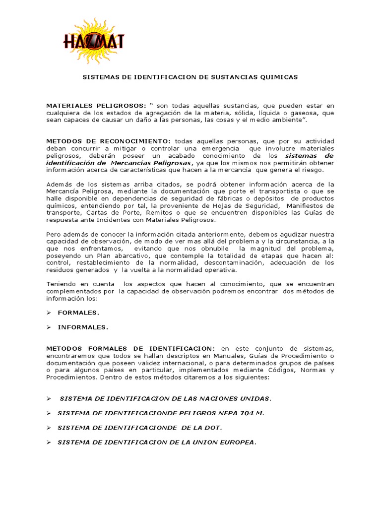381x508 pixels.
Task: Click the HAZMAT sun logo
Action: [x=93, y=41]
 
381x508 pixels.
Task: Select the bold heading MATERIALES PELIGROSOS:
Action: [x=96, y=106]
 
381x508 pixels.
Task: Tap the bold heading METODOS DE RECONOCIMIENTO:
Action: [x=108, y=141]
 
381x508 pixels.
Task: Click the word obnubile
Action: [x=217, y=248]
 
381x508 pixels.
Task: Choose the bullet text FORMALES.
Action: [x=78, y=313]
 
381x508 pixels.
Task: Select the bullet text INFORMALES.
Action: [x=83, y=327]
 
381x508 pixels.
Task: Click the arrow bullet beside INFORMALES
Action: [x=49, y=327]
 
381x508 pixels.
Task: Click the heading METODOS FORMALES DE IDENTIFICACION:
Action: [x=130, y=349]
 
